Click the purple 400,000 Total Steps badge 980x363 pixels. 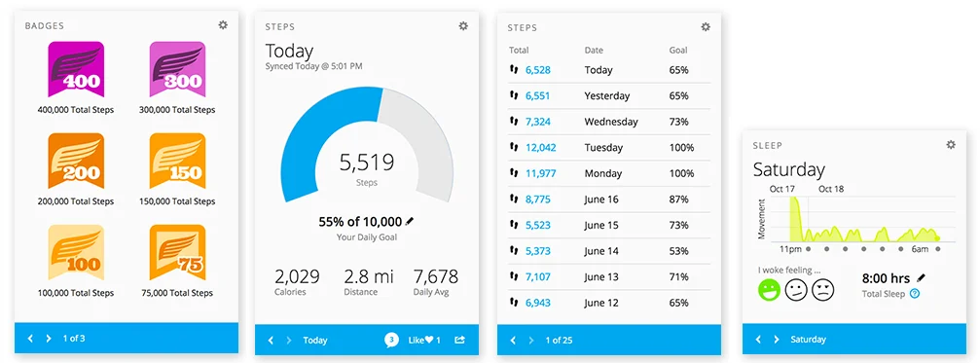pos(75,69)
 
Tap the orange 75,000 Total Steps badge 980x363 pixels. pos(177,252)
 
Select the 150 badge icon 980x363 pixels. pos(177,161)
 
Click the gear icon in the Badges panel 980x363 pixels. pos(223,25)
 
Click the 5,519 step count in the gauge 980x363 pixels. pos(366,163)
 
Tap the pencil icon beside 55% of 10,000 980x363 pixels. pos(410,222)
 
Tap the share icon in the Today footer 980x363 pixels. pos(459,340)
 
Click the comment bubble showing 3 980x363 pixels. pos(391,340)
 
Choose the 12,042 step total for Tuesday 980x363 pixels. pos(540,148)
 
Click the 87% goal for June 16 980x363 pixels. pos(680,200)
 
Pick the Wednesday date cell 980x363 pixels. pos(611,122)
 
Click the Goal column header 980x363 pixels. pos(678,50)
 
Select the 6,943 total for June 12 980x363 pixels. pos(538,303)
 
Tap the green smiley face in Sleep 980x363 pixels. pos(769,289)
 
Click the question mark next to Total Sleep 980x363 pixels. pos(914,294)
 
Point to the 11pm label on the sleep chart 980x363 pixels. pos(789,250)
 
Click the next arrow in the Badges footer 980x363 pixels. pos(49,339)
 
